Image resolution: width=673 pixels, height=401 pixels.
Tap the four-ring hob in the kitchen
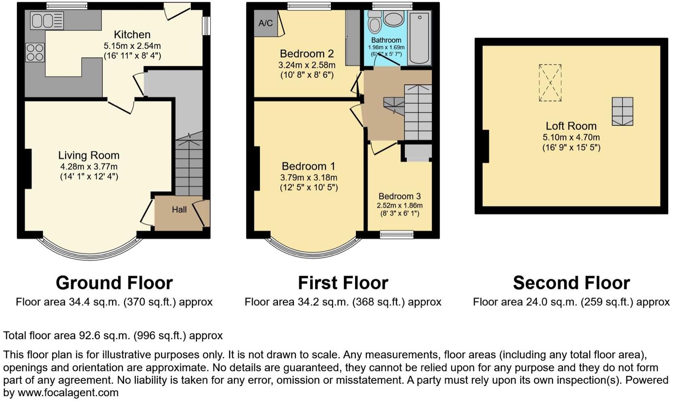[x=35, y=52]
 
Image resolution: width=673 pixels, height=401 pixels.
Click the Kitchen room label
[x=132, y=35]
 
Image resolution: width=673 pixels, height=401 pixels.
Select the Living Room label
[x=89, y=155]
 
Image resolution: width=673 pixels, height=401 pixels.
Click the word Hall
[x=179, y=210]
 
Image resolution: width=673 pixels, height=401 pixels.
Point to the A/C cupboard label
[x=265, y=23]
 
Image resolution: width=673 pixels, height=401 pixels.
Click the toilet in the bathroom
[x=375, y=23]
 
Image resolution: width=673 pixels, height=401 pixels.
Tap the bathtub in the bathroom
[x=419, y=38]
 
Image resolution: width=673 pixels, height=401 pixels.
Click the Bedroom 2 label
[x=307, y=54]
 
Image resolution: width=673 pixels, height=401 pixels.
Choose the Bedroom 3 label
[x=399, y=196]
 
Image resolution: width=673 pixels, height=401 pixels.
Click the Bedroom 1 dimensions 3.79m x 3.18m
[x=309, y=178]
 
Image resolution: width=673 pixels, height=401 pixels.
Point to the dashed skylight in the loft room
[x=550, y=83]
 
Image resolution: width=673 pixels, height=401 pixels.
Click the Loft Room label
[x=571, y=126]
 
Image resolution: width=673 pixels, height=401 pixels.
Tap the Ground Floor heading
[x=114, y=283]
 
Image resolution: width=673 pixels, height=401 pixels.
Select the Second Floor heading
[x=571, y=283]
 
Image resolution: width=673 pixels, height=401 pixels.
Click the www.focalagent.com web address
[x=68, y=393]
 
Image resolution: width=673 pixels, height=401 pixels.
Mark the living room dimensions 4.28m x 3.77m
[x=89, y=167]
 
